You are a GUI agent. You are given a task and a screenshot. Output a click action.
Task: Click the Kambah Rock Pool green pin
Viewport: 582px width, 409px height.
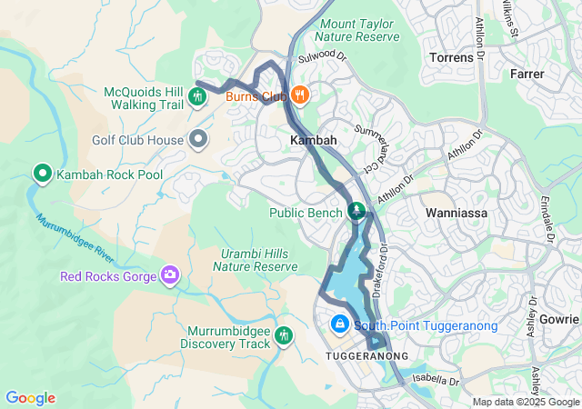coord(42,173)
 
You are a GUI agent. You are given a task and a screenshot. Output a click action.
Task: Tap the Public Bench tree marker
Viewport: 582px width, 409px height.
coord(356,212)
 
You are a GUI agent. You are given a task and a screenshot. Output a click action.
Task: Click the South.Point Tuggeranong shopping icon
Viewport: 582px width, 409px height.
coord(339,324)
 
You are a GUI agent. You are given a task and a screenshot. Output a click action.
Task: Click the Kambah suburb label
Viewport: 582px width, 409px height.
coord(313,141)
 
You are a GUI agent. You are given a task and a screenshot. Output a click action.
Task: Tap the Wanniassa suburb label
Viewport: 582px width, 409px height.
coord(457,213)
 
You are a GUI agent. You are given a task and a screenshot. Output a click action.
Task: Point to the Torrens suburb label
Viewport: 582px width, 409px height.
coord(451,57)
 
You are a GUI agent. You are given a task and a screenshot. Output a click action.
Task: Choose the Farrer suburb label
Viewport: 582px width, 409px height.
coord(527,73)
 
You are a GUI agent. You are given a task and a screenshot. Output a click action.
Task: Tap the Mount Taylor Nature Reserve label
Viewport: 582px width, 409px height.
coord(356,30)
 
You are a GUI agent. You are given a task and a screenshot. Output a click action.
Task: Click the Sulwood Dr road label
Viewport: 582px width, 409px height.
coord(324,56)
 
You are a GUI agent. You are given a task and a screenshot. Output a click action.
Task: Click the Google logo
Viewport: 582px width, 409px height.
coord(30,398)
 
